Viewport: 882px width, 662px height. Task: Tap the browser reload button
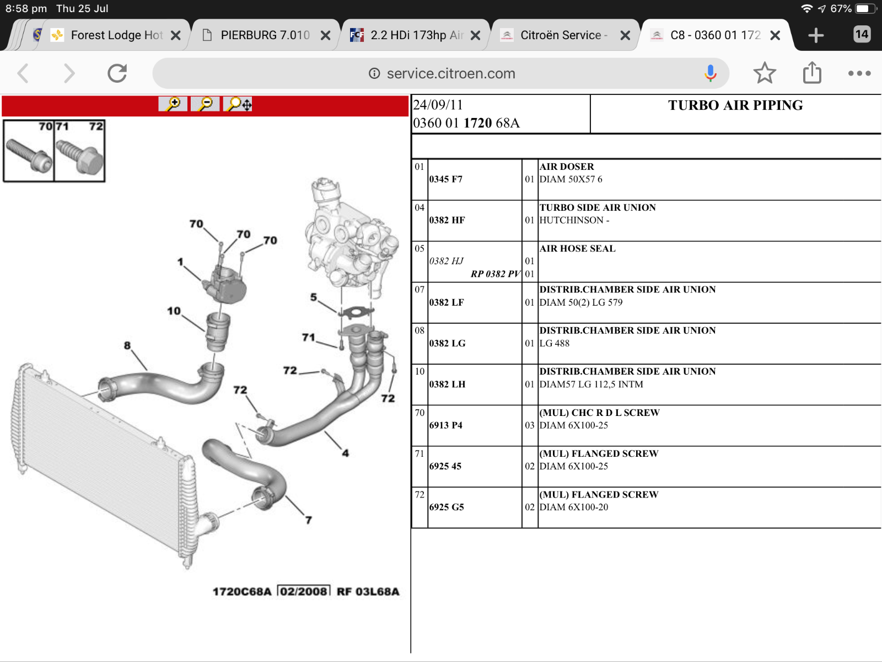[117, 73]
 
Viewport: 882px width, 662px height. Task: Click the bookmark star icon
[764, 73]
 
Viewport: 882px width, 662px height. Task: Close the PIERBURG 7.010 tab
[325, 35]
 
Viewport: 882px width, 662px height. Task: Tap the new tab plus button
[816, 35]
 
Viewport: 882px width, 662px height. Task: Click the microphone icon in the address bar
[711, 73]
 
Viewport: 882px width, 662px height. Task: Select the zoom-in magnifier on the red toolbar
[173, 104]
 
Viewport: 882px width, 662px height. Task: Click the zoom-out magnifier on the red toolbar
[205, 104]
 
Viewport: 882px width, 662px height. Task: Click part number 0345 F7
[445, 179]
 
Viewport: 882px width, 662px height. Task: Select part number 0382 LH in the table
[447, 385]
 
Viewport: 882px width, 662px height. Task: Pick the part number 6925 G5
[447, 507]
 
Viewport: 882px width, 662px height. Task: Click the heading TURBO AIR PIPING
[735, 105]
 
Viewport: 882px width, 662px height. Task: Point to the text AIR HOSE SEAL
[577, 248]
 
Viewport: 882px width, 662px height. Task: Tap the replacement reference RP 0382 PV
[496, 274]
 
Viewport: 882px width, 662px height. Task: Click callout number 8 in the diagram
[127, 345]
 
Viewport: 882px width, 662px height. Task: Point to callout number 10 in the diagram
[174, 311]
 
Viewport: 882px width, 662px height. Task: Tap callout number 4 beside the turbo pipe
[346, 453]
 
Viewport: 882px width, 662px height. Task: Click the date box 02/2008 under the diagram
[304, 591]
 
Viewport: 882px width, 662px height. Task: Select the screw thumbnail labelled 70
[29, 151]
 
